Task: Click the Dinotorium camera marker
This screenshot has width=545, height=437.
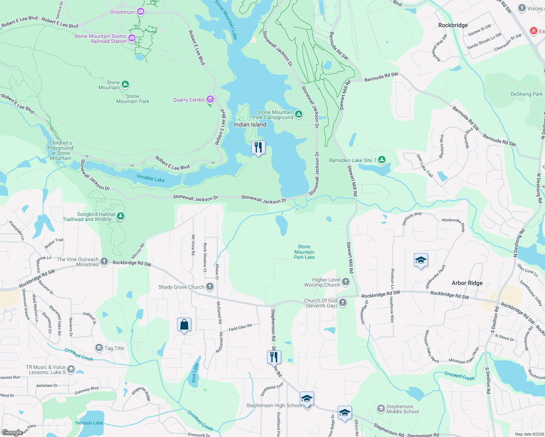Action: pos(141,12)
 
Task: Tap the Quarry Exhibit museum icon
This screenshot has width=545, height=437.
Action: pos(210,99)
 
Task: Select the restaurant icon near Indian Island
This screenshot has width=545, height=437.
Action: pos(258,147)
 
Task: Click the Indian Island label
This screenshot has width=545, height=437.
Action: pos(250,125)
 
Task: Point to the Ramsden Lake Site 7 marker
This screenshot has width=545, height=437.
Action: pos(381,160)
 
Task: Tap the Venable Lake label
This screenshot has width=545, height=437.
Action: pos(150,178)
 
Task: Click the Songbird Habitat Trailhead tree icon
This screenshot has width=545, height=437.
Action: pos(121,217)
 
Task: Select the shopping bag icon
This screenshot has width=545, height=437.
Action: pos(184,324)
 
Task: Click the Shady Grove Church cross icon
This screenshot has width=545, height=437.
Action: pos(210,287)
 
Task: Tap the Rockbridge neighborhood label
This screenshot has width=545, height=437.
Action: pos(453,25)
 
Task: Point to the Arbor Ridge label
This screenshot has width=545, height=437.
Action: pos(467,283)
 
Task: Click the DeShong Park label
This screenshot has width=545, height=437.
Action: pos(526,94)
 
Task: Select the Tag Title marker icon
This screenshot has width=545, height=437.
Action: pos(99,348)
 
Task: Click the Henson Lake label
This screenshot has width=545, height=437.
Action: pos(89,423)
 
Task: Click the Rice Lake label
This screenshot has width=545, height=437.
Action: pos(195,373)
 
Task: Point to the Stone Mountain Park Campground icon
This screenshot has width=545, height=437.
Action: pos(299,114)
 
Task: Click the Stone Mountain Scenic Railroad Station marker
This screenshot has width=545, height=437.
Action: pos(132,38)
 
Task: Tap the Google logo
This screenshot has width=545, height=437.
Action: pos(12,432)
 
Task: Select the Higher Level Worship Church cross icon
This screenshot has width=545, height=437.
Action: pos(346,282)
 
